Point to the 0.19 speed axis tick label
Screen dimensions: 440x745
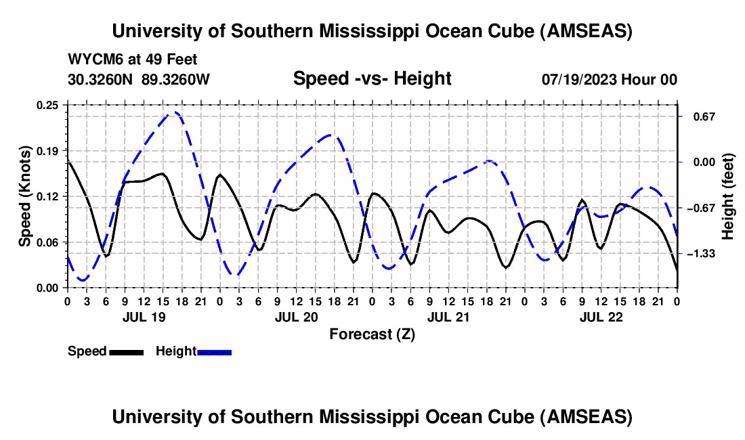(49, 150)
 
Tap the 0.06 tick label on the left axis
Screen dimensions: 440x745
(49, 242)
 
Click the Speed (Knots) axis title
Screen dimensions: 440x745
(25, 196)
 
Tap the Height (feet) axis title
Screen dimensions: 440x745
(727, 196)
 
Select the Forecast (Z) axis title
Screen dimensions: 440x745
(372, 334)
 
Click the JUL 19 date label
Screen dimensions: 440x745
(144, 316)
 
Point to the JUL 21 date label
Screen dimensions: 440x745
(448, 316)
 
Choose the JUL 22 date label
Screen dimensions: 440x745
(601, 316)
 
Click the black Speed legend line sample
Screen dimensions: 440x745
(126, 352)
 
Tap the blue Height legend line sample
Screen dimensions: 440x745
(214, 352)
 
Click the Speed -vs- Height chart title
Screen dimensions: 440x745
(372, 79)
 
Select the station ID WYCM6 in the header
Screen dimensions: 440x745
(92, 60)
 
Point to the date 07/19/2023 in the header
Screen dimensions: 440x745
(580, 79)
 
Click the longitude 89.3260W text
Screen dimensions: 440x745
(176, 79)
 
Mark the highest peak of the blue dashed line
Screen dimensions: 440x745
(175, 112)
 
